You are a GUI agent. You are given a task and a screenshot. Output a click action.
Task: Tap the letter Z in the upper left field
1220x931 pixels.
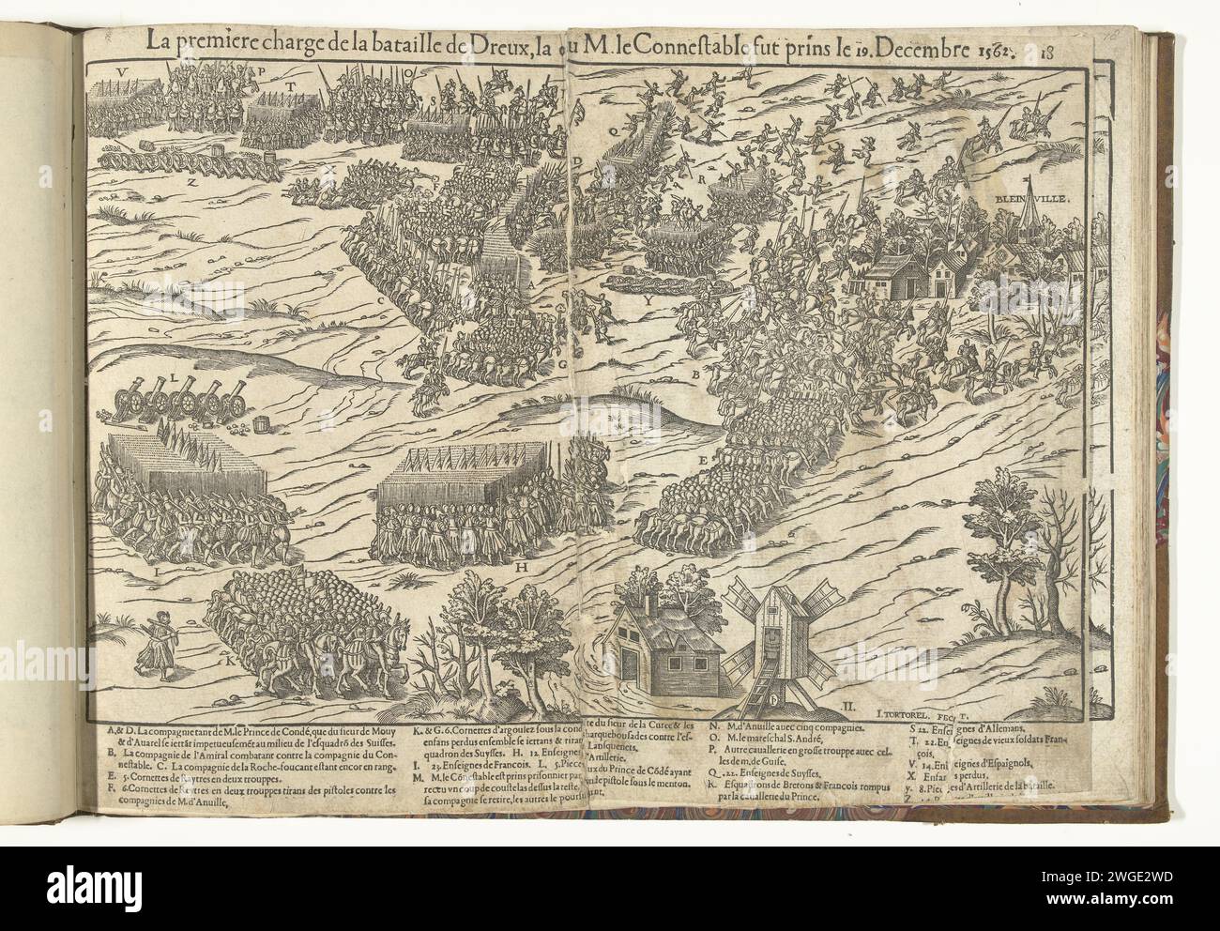click(x=191, y=184)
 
